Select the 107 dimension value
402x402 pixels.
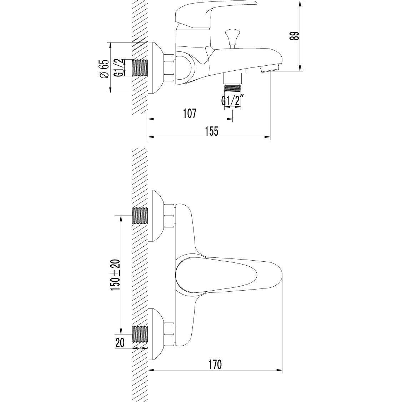[190, 114]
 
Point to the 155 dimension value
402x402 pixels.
[211, 131]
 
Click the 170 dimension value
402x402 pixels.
[215, 365]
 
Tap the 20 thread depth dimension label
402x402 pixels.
[120, 343]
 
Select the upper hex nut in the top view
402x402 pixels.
[169, 216]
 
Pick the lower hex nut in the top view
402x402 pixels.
[169, 334]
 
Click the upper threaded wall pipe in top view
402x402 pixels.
[140, 215]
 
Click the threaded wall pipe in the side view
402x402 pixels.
[140, 68]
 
